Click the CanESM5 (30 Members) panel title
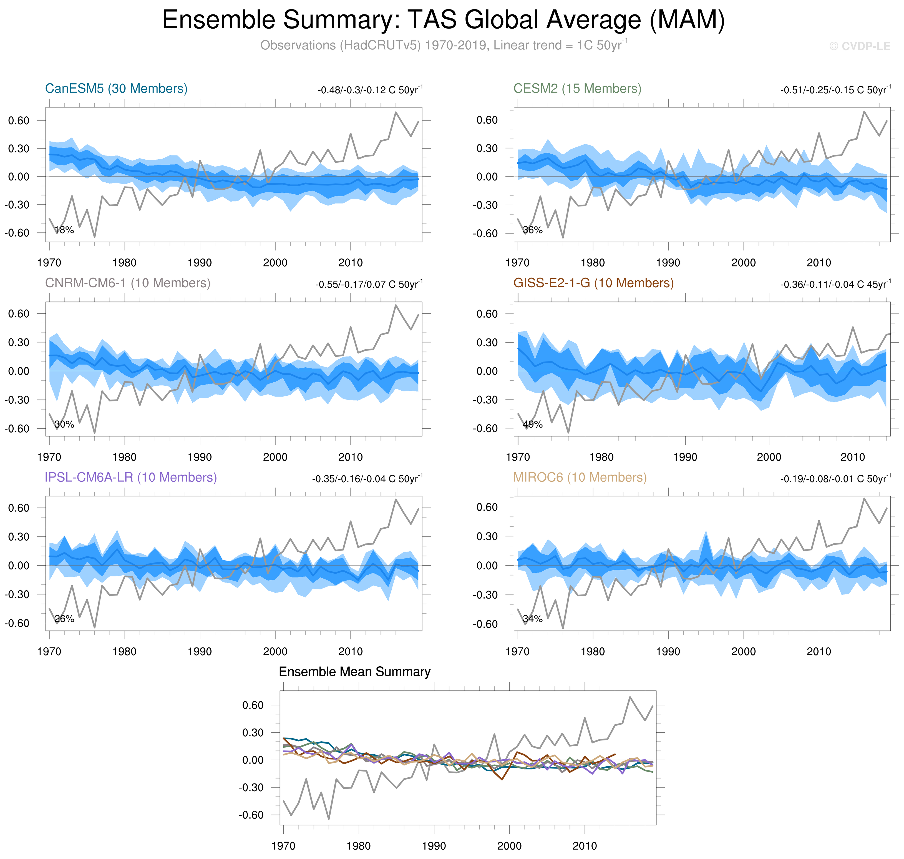click(116, 88)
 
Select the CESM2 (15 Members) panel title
click(577, 88)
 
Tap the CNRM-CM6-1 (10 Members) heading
click(128, 283)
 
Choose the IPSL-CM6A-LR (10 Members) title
click(130, 477)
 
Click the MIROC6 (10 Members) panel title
click(580, 477)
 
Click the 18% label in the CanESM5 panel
click(64, 230)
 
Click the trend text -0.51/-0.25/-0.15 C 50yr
click(835, 90)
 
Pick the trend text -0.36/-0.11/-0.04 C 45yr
click(835, 284)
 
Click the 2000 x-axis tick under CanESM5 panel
click(275, 263)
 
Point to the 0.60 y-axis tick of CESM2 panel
click(487, 120)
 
